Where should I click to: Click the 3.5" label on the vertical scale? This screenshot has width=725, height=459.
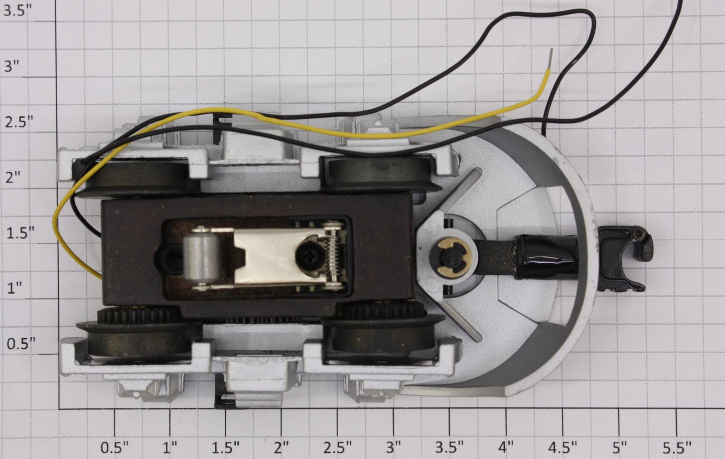point(18,11)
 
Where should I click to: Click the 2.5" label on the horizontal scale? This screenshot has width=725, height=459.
point(338,447)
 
